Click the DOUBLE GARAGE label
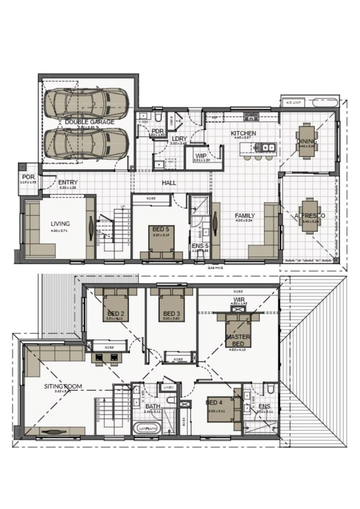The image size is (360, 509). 90,122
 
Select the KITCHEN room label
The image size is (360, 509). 243,134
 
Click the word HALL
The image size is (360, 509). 169,183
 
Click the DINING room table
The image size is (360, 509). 307,141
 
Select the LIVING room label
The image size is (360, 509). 60,224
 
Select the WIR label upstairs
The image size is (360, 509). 238,299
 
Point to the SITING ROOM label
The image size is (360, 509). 63,386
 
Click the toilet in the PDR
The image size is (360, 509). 159,116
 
